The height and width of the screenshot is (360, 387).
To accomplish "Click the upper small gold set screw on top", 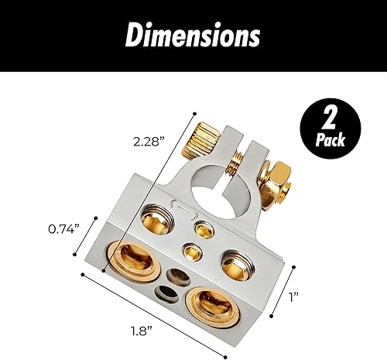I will (206, 228).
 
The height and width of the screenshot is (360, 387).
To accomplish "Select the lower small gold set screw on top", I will (190, 252).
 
